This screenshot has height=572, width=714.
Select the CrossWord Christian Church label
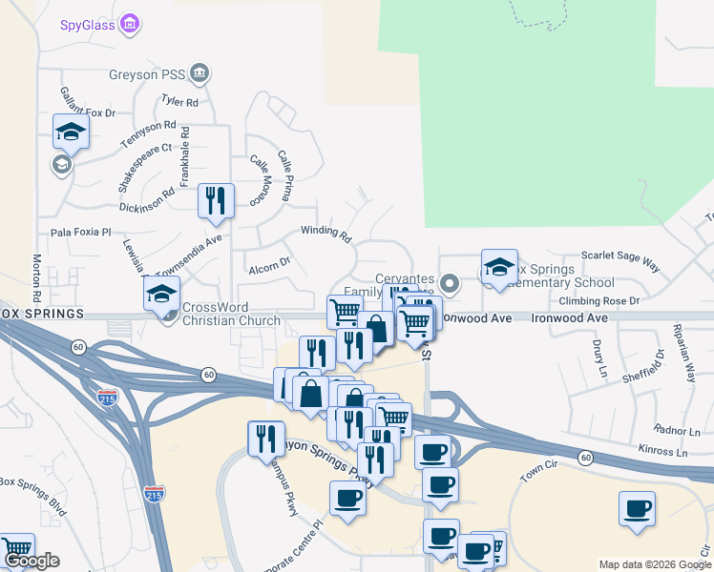tap(231, 314)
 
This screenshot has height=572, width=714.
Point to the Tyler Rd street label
tap(179, 101)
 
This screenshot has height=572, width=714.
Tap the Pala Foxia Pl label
tap(81, 232)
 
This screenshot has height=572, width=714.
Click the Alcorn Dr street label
tap(268, 267)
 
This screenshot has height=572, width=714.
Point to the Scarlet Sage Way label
tap(621, 257)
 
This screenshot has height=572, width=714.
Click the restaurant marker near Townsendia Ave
tap(216, 201)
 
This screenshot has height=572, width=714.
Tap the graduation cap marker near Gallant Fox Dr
tap(71, 133)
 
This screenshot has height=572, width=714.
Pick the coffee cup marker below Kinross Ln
tap(637, 509)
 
